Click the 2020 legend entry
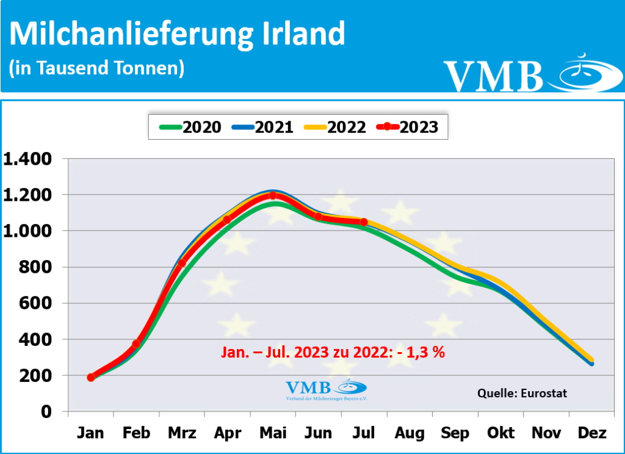tap(190, 127)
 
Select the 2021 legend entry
tap(262, 127)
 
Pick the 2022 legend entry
tap(335, 127)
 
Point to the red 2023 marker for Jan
tap(91, 377)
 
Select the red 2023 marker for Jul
tap(364, 222)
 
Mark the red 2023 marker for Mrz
tap(182, 264)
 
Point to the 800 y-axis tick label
tap(38, 267)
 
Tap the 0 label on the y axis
tap(46, 412)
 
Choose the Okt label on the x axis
tap(500, 433)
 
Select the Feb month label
tap(136, 433)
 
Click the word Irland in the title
tap(303, 34)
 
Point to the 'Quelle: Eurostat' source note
tap(522, 394)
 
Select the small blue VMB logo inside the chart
tap(327, 388)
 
